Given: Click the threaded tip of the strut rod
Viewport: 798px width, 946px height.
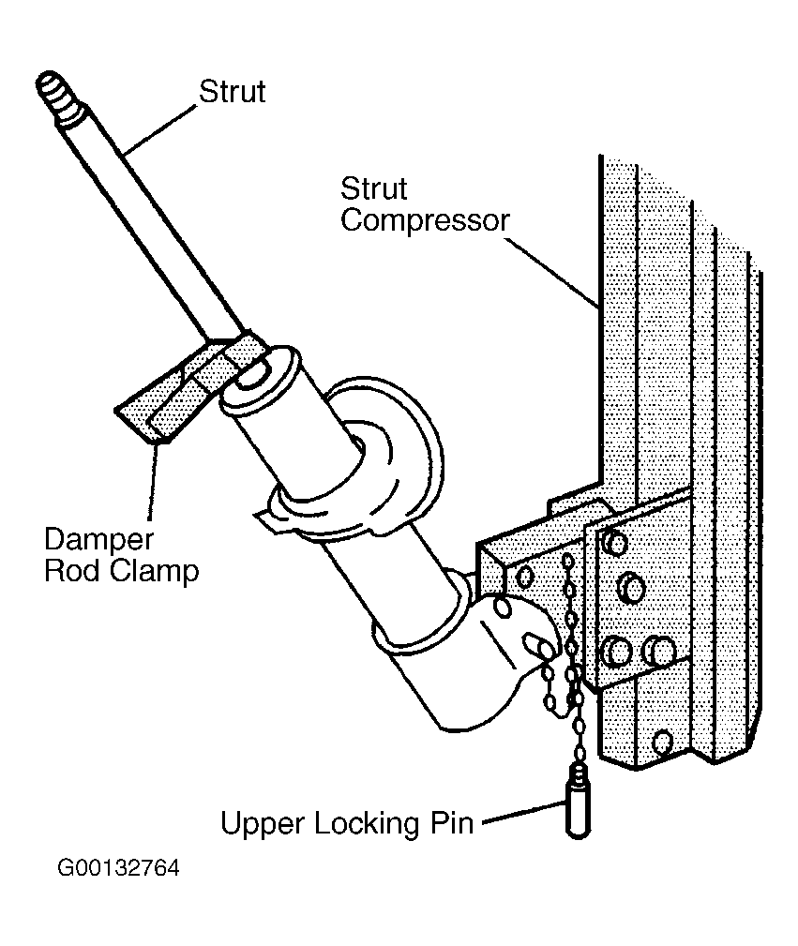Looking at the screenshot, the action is click(57, 96).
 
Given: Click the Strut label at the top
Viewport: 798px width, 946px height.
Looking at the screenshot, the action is click(233, 92).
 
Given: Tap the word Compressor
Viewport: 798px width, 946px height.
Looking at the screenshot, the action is click(425, 221).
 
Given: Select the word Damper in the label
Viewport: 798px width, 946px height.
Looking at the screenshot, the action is click(99, 539).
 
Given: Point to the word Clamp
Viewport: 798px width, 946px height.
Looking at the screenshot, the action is click(156, 570).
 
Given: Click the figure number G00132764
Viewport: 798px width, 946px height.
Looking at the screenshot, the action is click(118, 868).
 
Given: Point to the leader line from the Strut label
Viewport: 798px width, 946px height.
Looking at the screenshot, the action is click(160, 128).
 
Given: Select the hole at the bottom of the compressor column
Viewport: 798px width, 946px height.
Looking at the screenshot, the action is click(662, 741).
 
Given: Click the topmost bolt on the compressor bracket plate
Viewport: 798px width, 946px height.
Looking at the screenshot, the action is click(615, 543).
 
